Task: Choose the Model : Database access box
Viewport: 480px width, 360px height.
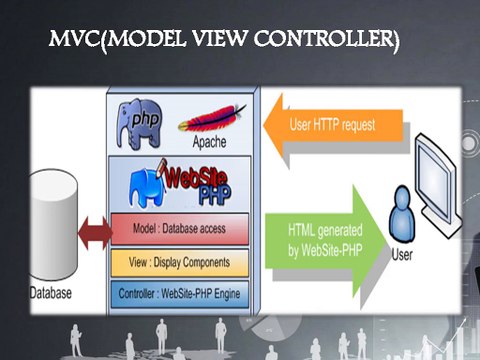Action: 180,228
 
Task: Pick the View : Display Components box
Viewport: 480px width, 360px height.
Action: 180,262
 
